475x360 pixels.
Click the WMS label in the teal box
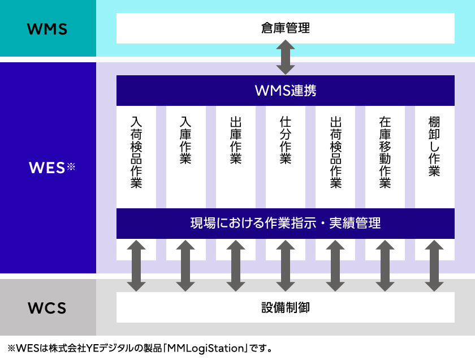pos(47,29)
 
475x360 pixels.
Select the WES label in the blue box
pos(47,168)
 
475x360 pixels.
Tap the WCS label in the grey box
pos(47,308)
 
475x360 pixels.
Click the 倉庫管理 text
pos(286,28)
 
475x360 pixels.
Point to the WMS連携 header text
pos(286,91)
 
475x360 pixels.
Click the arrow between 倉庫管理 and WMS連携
pos(286,57)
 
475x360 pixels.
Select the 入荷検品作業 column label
pos(136,152)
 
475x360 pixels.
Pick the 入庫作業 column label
pos(185,140)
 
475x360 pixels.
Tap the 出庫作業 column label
pos(236,140)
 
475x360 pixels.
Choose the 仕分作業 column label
pos(286,140)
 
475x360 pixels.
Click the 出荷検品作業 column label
pos(336,152)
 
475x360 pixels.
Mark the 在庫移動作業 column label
pos(385,152)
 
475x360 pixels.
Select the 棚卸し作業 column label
pos(434,147)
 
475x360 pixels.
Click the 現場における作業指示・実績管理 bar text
pos(286,223)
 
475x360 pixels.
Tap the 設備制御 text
pos(286,307)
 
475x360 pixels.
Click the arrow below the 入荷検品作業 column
pos(136,266)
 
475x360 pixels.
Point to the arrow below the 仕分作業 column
pos(286,266)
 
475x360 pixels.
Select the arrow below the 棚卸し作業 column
pos(434,266)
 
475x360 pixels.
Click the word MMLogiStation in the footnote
pos(205,348)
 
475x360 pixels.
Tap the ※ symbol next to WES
pos(71,166)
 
